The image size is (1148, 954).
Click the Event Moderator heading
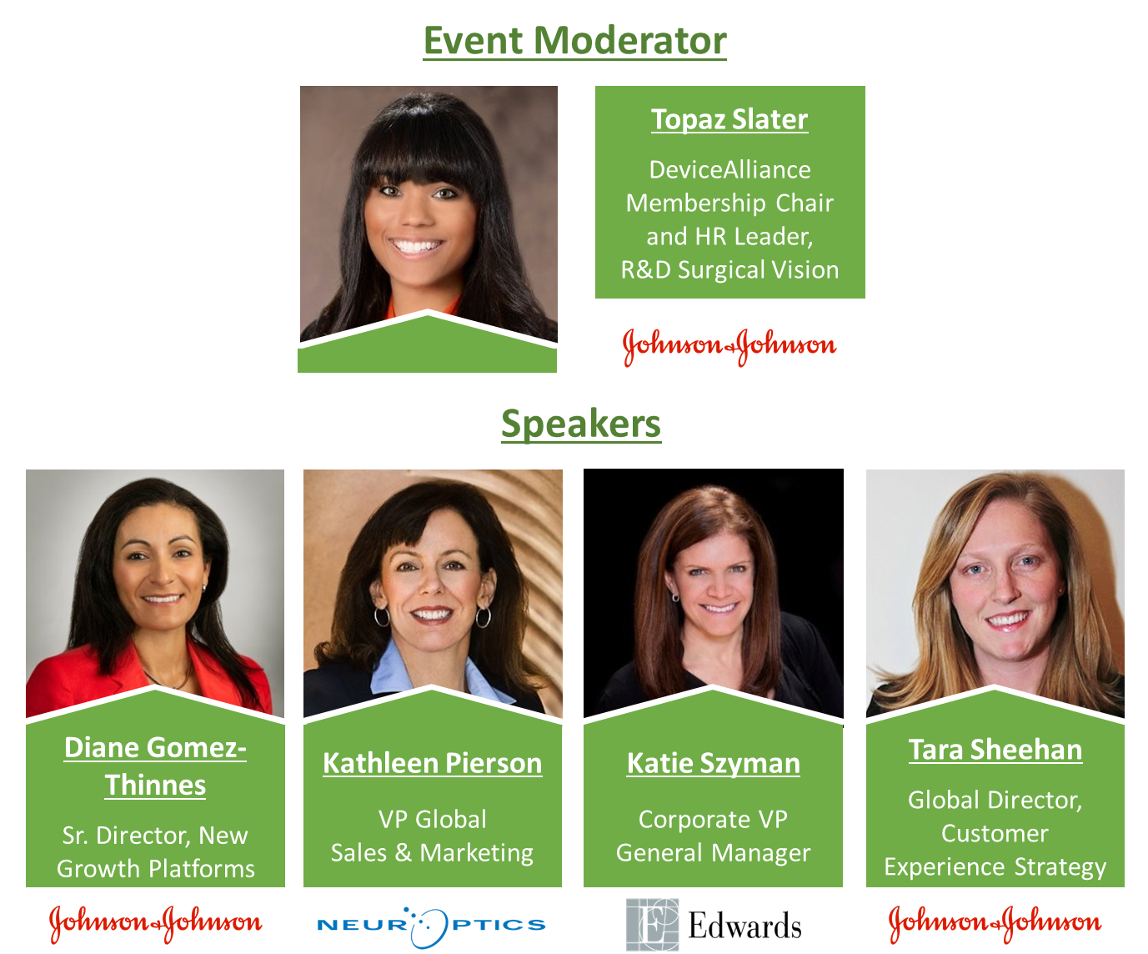[574, 41]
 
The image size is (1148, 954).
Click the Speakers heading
[580, 424]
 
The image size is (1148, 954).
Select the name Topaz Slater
[729, 119]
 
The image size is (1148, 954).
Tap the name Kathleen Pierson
[432, 763]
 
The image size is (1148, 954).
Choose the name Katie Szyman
[713, 764]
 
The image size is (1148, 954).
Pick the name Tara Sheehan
[995, 750]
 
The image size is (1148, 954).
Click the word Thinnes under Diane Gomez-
[156, 785]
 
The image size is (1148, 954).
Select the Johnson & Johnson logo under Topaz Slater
[729, 346]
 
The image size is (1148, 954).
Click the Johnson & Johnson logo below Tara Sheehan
[995, 923]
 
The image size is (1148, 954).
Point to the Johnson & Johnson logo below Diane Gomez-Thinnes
[156, 923]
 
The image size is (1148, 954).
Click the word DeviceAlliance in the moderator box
[729, 170]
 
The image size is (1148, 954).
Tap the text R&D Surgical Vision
[729, 270]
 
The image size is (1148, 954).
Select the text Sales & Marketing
[432, 853]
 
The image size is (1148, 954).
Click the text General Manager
[713, 853]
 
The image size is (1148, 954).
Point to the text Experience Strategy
[995, 867]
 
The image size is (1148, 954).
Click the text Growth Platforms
[156, 869]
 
